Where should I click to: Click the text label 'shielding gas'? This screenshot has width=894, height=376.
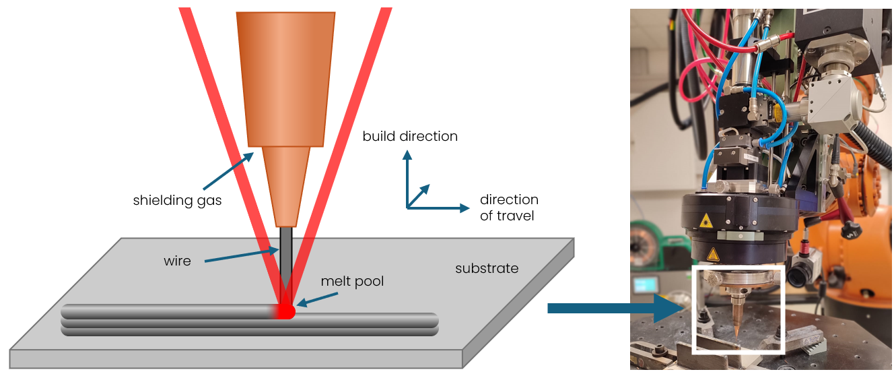pos(177,200)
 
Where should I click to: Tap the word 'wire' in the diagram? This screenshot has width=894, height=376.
pos(177,261)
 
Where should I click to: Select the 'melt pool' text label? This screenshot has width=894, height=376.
pos(352,281)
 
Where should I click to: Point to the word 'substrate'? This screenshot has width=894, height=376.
pos(487,268)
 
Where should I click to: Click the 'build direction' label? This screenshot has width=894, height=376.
pos(410,136)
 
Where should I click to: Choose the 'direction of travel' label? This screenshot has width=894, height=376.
pos(509,208)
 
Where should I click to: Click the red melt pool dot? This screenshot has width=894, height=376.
pos(287,311)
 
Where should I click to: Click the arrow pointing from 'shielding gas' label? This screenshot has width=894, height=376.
pos(227,170)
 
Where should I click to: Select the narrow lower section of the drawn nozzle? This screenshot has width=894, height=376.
pos(286,186)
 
